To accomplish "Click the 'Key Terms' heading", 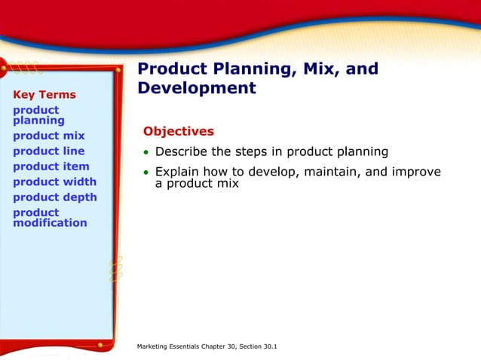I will [44, 95].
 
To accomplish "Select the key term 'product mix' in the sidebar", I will [49, 136].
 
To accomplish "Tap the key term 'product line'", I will [49, 151].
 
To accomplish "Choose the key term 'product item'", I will [51, 166].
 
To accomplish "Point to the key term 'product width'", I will [54, 182].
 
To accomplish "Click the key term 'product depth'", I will [55, 197].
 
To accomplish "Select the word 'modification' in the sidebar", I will [50, 223].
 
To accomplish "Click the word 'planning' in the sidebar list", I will [38, 121].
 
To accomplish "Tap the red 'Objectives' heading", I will [179, 131].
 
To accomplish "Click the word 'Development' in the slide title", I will [197, 88].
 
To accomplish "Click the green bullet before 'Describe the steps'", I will [146, 152].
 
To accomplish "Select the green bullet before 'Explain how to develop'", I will [146, 173].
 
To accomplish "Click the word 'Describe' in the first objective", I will [182, 151].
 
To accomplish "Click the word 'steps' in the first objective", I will [251, 152].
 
